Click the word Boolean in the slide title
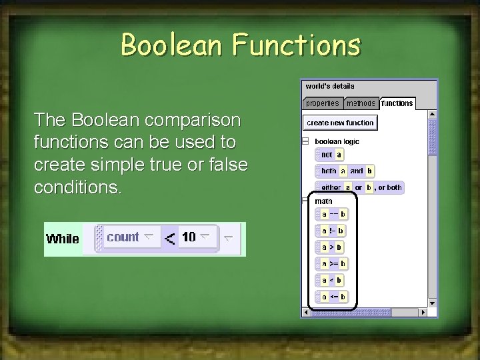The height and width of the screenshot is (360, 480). tap(173, 45)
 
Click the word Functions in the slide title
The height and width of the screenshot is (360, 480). tap(297, 45)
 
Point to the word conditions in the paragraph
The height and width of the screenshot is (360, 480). tap(77, 187)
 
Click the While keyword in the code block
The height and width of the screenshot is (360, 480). tap(63, 239)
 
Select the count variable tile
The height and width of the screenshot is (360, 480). tap(123, 237)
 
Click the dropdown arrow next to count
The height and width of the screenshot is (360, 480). tap(149, 237)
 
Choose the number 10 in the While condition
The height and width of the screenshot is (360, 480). tap(189, 237)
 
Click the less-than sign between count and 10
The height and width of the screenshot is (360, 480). tap(170, 238)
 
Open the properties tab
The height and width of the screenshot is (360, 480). tap(323, 103)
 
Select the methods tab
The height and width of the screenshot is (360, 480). tap(361, 103)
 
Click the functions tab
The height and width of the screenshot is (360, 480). tap(397, 103)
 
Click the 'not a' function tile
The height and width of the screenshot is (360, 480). tap(330, 155)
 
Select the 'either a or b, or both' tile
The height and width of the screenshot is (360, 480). tap(360, 188)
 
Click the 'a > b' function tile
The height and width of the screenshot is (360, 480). tap(332, 247)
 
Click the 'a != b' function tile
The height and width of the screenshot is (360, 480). tap(332, 231)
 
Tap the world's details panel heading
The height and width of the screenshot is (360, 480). tap(330, 86)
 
